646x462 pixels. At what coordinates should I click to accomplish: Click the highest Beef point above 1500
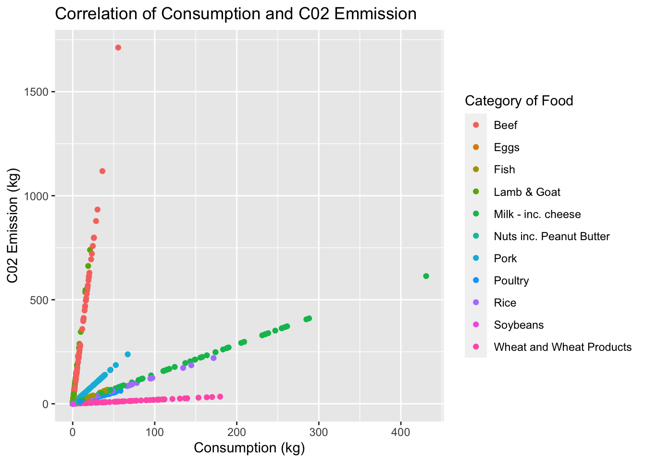point(118,48)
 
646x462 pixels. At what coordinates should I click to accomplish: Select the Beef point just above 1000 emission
point(102,171)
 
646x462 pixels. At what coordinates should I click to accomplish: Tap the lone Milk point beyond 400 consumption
point(426,276)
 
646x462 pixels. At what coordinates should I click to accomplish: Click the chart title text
point(236,14)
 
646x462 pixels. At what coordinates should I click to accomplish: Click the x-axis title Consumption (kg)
point(249,448)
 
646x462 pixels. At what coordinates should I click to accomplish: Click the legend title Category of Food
point(519,101)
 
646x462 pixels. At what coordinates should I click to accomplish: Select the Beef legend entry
point(505,126)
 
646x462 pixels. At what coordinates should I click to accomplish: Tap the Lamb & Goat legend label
point(527,192)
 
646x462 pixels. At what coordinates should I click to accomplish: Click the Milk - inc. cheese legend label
point(537,214)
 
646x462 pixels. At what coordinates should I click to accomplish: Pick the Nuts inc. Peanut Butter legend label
point(551,236)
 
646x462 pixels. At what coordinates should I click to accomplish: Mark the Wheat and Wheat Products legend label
point(562,347)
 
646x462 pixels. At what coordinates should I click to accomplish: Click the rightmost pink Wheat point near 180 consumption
point(220,397)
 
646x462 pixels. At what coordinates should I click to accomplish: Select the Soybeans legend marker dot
point(476,325)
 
